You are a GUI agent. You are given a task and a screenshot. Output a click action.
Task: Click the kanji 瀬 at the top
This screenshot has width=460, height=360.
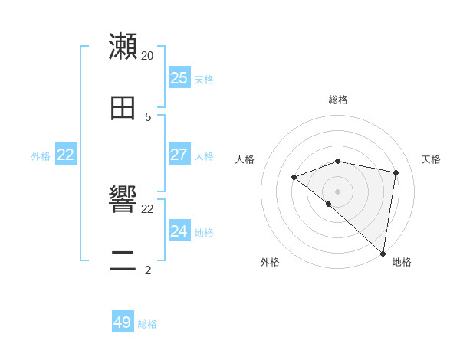[123, 47]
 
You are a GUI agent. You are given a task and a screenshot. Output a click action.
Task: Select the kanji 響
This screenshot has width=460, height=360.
[123, 200]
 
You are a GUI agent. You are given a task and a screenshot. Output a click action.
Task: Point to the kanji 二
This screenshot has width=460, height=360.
[123, 260]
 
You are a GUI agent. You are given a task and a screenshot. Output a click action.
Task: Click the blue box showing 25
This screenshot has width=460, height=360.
[179, 78]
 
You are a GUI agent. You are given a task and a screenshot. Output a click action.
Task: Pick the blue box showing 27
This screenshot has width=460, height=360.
[179, 155]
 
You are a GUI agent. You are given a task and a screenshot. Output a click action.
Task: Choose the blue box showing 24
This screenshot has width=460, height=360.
[179, 231]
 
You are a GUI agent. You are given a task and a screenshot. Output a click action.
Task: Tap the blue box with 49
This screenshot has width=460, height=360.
[123, 322]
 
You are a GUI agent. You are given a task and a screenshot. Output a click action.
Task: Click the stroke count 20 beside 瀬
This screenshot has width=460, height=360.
[147, 56]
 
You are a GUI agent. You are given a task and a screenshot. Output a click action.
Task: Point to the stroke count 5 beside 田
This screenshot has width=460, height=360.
[148, 116]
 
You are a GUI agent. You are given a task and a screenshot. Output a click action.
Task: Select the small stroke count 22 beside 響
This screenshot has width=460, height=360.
[147, 208]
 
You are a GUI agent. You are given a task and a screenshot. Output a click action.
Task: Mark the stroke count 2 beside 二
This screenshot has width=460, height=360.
[148, 270]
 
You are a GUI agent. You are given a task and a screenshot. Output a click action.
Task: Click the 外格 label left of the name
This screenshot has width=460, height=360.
[41, 156]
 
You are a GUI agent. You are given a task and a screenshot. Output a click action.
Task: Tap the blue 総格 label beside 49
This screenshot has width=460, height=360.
[147, 324]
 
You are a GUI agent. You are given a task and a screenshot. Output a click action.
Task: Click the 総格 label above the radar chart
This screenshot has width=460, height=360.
[338, 100]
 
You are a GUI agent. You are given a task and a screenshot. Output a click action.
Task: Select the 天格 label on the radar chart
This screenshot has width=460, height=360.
[431, 159]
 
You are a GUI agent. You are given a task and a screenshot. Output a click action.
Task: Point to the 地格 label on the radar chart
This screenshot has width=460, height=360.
[402, 262]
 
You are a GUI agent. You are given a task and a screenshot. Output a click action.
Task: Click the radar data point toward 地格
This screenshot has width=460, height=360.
[383, 253]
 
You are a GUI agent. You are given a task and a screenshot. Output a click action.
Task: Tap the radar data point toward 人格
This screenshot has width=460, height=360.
[294, 178]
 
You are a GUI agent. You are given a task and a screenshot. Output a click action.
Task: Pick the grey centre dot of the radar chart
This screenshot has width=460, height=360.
[337, 191]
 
